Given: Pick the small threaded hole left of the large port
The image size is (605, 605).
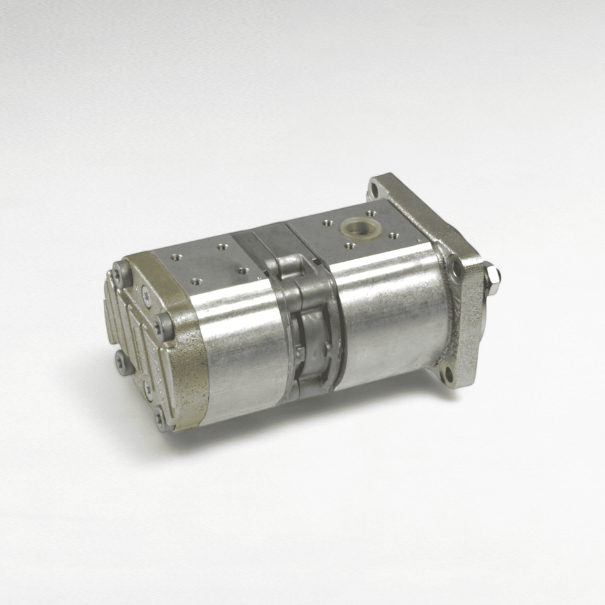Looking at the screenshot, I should click(x=327, y=224).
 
